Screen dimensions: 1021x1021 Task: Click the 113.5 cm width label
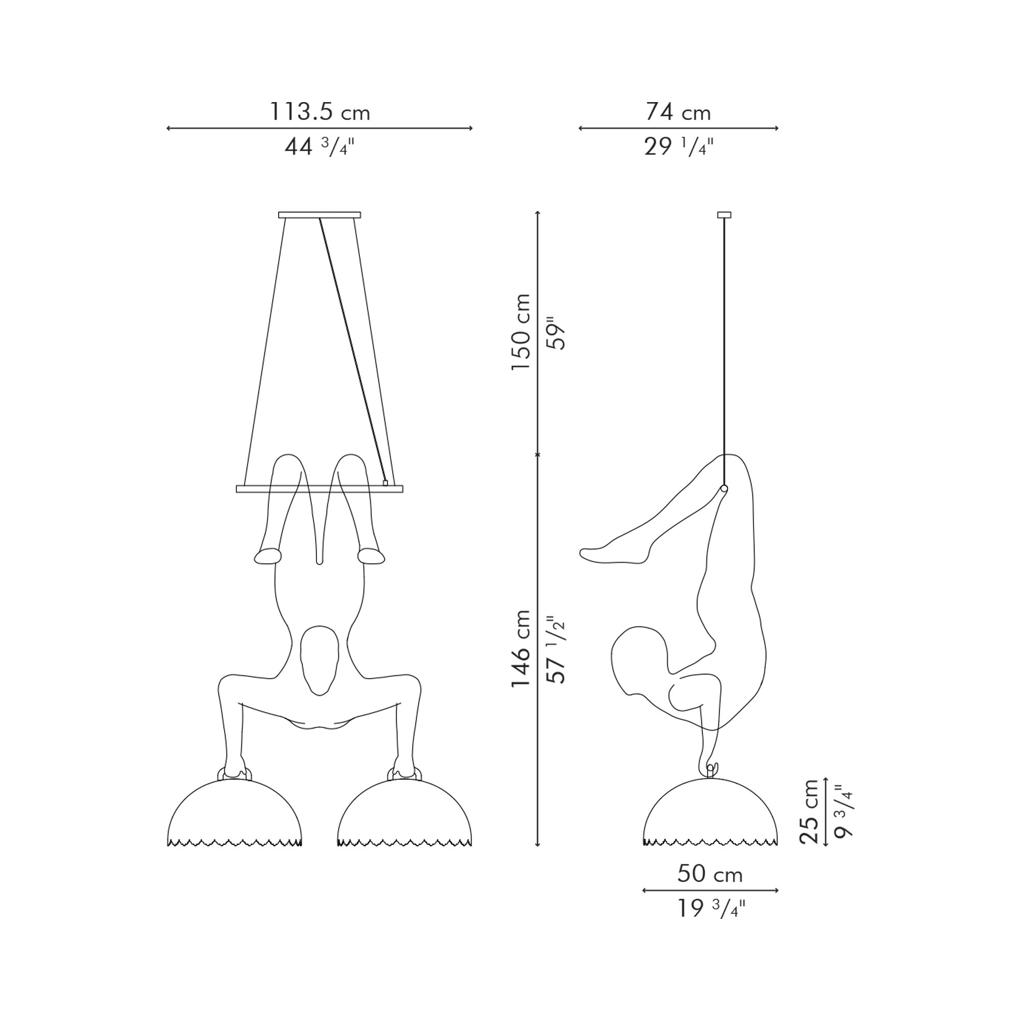320,112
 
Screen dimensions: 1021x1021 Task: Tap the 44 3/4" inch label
319,147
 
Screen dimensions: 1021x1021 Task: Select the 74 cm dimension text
678,112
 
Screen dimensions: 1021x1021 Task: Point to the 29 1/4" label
678,147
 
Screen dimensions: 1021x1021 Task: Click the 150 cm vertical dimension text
521,332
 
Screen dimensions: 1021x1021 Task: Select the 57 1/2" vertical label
556,649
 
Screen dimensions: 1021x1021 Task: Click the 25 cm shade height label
809,811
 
